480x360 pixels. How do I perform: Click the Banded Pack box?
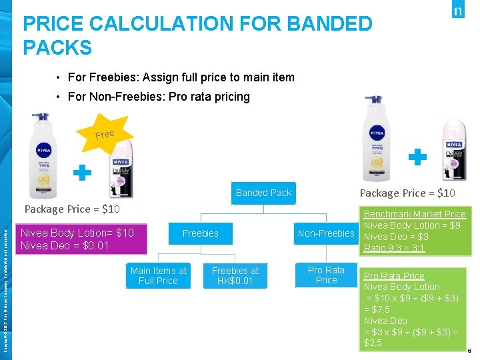point(263,193)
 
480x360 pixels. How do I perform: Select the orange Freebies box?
point(200,233)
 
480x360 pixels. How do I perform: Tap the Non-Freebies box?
point(326,233)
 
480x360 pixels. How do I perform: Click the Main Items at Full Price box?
point(159,275)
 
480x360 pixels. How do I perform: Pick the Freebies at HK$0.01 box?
point(235,275)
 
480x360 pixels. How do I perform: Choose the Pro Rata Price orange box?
point(326,275)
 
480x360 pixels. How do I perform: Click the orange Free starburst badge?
point(105,135)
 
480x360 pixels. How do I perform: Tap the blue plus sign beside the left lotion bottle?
point(82,173)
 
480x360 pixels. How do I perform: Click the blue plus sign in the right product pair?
point(417,157)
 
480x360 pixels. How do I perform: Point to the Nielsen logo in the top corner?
point(457,11)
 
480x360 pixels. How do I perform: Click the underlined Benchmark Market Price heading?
point(414,214)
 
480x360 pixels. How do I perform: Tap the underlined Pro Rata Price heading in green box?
point(393,275)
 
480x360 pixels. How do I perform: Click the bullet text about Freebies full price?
point(181,77)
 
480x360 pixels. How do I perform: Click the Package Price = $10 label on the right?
point(407,193)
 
